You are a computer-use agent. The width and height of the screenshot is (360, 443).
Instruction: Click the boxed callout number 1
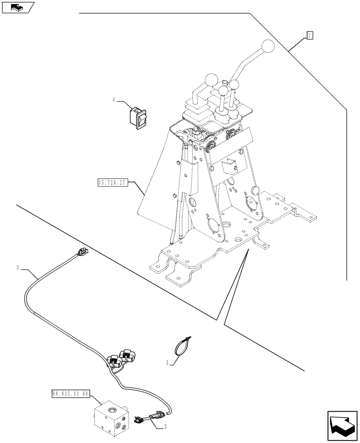(x=310, y=35)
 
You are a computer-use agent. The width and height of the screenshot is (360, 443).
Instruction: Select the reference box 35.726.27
(x=111, y=183)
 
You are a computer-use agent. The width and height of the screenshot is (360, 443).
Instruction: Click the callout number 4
(x=114, y=100)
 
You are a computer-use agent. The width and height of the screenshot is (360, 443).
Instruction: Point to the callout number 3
(x=18, y=268)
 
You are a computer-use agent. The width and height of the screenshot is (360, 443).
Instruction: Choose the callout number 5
(x=168, y=363)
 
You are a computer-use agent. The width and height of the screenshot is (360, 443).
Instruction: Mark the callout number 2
(x=165, y=427)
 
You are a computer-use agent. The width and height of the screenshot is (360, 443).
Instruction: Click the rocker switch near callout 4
(x=137, y=117)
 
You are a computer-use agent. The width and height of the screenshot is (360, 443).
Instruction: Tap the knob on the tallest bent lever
(x=268, y=46)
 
